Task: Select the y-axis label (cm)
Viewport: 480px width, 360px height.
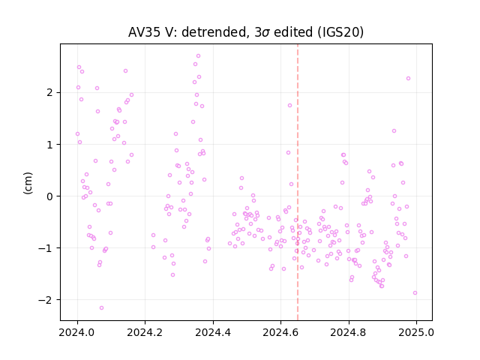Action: click(28, 183)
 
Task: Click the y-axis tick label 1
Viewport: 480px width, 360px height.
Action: click(50, 145)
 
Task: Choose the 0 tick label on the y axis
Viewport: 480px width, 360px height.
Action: click(50, 196)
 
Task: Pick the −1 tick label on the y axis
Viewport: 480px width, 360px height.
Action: click(46, 248)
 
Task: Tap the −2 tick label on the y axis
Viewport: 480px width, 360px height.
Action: click(46, 300)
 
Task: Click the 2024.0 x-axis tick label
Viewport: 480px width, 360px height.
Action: click(77, 332)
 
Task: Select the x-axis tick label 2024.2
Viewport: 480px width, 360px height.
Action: click(145, 332)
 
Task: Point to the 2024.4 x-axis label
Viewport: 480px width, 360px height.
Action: click(213, 332)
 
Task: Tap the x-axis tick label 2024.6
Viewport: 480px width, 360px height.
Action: click(280, 332)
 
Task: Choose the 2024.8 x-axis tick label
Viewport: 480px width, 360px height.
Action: click(348, 332)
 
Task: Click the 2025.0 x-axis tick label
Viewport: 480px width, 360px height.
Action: click(416, 332)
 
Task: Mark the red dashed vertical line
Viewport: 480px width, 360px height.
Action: click(298, 182)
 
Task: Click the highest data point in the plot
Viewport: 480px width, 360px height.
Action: click(198, 56)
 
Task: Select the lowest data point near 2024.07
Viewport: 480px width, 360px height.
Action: click(102, 308)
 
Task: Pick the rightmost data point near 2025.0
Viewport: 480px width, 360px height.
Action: click(415, 293)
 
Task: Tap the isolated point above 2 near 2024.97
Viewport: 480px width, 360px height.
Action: click(408, 79)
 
